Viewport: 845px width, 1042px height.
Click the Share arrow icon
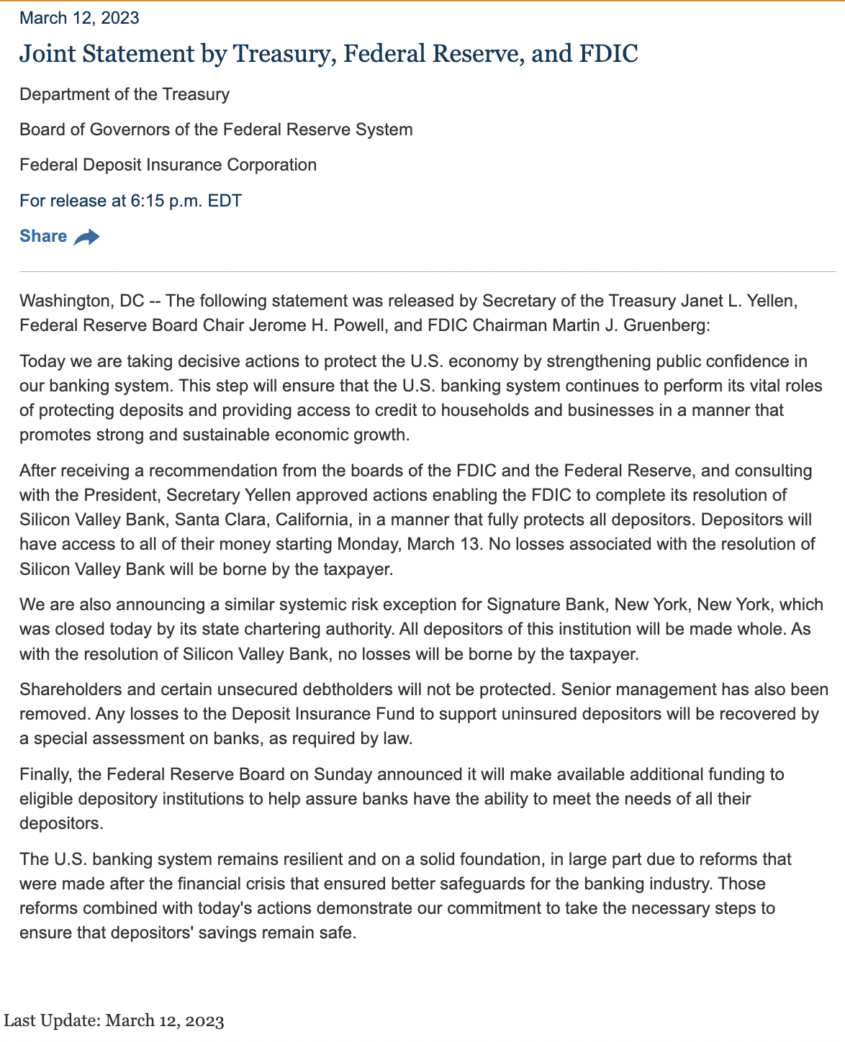pyautogui.click(x=87, y=237)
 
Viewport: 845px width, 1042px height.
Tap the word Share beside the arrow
pyautogui.click(x=43, y=236)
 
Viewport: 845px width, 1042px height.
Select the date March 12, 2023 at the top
pyautogui.click(x=79, y=18)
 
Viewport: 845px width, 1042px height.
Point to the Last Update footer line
pyautogui.click(x=114, y=1020)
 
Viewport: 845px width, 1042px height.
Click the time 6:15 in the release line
pyautogui.click(x=148, y=201)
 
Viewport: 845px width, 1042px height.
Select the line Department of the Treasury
pyautogui.click(x=125, y=94)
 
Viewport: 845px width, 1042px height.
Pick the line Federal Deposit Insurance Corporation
pyautogui.click(x=168, y=165)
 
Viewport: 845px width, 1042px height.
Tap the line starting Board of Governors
pyautogui.click(x=216, y=130)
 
